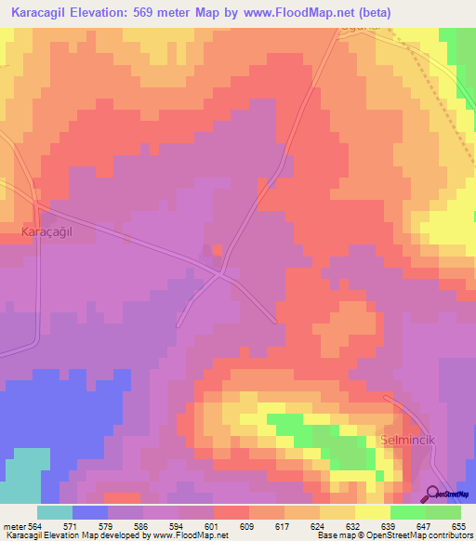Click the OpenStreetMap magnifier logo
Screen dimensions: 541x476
(x=433, y=495)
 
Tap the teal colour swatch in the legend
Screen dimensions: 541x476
(x=55, y=512)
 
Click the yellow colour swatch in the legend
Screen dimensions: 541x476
(x=373, y=512)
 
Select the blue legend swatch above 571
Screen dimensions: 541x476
(x=90, y=512)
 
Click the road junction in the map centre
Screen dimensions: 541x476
(x=220, y=274)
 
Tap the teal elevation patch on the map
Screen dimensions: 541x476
(x=22, y=474)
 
